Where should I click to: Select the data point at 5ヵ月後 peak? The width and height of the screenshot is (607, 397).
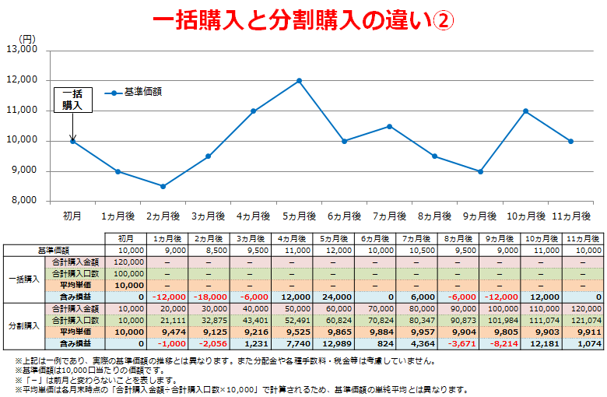(299, 80)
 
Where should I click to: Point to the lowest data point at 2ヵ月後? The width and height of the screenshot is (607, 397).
(163, 186)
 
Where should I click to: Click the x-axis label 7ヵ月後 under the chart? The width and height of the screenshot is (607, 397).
(389, 216)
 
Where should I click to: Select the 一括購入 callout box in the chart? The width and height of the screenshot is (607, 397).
(72, 99)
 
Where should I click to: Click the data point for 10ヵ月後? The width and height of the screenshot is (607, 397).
(526, 111)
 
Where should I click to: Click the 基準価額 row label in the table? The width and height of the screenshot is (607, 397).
(54, 251)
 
